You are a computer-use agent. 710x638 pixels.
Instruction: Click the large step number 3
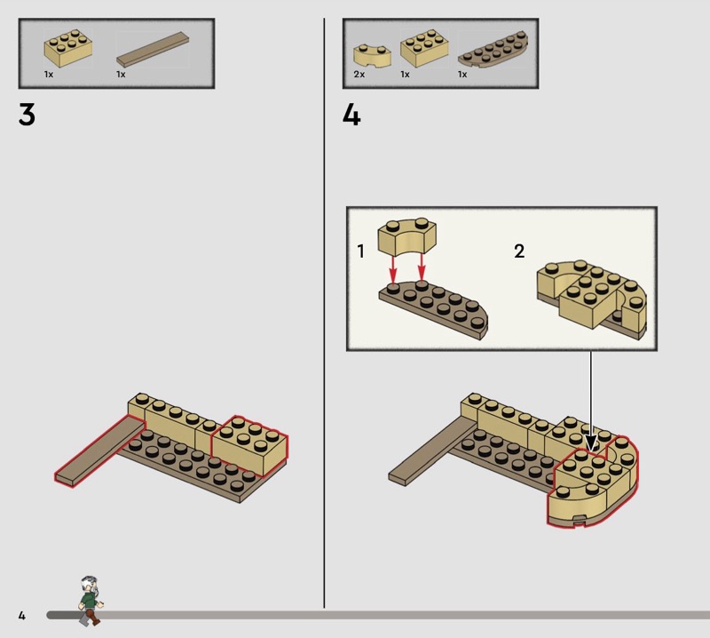tap(27, 115)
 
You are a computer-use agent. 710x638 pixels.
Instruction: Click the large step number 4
tap(351, 115)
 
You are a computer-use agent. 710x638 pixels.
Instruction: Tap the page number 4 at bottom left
tap(21, 615)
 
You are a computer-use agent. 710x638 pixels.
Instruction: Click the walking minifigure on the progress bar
tap(91, 601)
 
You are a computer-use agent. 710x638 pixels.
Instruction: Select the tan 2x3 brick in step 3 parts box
tap(68, 49)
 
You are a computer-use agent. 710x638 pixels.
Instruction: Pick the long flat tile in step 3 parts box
tap(152, 49)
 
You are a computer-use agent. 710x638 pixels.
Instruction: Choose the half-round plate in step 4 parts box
tap(493, 50)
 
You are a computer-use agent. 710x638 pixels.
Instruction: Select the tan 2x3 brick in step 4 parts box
tap(424, 49)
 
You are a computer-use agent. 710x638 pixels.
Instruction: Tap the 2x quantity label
tap(359, 75)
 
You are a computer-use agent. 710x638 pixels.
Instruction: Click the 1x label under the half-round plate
tap(462, 75)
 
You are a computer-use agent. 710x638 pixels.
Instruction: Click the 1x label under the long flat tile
tap(121, 75)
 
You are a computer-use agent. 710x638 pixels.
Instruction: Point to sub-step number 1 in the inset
tap(360, 251)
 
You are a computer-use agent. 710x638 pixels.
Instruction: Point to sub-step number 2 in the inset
tap(519, 251)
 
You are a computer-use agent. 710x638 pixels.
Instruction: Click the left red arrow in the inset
tap(392, 268)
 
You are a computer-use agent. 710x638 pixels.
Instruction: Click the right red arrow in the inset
tap(422, 267)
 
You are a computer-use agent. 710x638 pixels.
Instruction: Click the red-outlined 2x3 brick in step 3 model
tap(249, 446)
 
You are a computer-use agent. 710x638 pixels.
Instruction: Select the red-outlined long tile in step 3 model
tap(100, 451)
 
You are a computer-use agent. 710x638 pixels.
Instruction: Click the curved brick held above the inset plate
tap(407, 237)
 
